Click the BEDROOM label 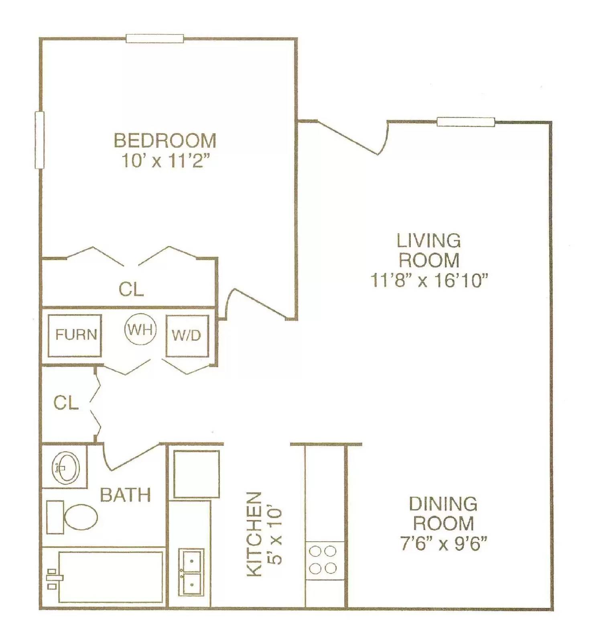click(x=165, y=140)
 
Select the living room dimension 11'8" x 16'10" click(x=428, y=280)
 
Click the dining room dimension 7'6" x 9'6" click(x=443, y=544)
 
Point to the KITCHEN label click(x=254, y=534)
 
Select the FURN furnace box click(x=75, y=335)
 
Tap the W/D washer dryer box click(x=187, y=335)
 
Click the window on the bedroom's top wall click(x=155, y=39)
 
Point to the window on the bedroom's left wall click(x=39, y=140)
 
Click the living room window click(x=465, y=122)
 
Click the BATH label click(x=125, y=495)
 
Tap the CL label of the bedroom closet click(x=131, y=289)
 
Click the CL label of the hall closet click(x=66, y=403)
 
